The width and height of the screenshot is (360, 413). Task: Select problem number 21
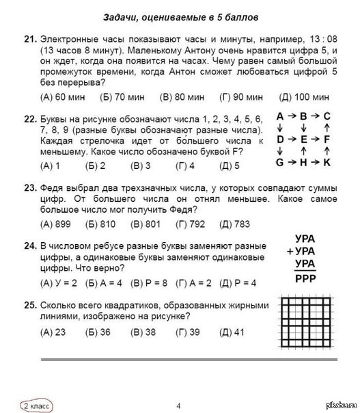coord(29,40)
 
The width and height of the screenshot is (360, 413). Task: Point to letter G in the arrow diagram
coord(280,163)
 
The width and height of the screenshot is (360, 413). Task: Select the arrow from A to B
coord(292,116)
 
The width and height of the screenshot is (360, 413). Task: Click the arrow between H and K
coord(315,163)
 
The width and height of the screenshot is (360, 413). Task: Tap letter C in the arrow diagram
coord(327,116)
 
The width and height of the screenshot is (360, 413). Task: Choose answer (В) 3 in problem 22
coord(141,165)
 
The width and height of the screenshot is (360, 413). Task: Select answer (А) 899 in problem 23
coord(56,224)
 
